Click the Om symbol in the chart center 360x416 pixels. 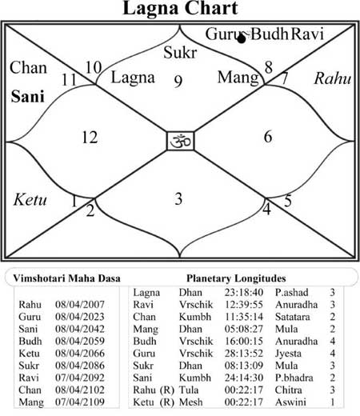[181, 141]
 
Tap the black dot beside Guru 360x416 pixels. [242, 39]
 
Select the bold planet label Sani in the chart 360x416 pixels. [27, 96]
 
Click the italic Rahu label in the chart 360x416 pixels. [333, 78]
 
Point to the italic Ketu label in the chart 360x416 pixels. [30, 199]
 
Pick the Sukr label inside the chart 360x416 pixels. [180, 52]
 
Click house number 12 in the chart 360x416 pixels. [90, 138]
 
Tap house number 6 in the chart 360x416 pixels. [268, 136]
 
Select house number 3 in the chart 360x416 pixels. [178, 198]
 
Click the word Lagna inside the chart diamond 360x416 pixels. [133, 78]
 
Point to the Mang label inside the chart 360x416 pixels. [238, 78]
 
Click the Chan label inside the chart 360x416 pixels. [28, 67]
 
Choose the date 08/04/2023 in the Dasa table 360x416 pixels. [80, 317]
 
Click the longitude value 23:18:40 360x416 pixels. [244, 292]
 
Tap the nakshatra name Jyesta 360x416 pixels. [288, 354]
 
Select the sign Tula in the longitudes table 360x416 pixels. [189, 390]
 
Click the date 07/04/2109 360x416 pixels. [80, 402]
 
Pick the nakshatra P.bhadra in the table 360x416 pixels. [294, 378]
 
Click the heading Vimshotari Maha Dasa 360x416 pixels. [66, 278]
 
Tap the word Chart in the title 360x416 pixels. [210, 8]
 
